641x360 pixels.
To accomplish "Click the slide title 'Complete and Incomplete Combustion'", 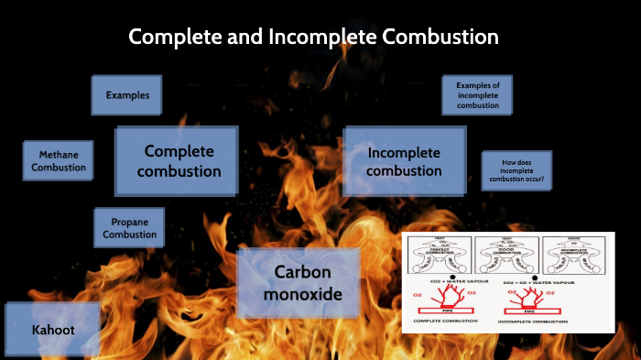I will [313, 38].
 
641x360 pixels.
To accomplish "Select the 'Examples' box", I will [126, 95].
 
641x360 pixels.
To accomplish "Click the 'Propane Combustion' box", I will [129, 228].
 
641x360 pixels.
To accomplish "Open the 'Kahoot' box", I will [52, 329].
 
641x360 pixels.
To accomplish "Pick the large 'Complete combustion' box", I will [177, 161].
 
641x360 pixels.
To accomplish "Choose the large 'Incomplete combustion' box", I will [404, 161].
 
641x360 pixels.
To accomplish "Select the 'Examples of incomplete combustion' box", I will [477, 95].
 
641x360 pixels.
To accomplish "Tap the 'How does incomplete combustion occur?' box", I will [516, 171].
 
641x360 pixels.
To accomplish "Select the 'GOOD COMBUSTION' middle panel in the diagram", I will [508, 256].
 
